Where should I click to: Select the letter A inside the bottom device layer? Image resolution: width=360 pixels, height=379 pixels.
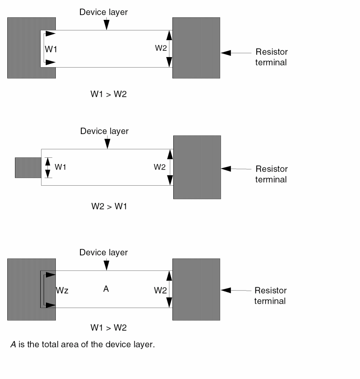pyautogui.click(x=106, y=289)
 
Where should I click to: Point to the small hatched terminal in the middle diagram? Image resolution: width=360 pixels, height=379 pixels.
pyautogui.click(x=27, y=168)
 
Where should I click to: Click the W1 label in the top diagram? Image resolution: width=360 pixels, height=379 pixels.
pyautogui.click(x=51, y=49)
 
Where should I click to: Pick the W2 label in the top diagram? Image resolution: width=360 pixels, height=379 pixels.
pyautogui.click(x=161, y=48)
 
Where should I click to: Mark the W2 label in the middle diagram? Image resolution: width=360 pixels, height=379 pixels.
pyautogui.click(x=160, y=167)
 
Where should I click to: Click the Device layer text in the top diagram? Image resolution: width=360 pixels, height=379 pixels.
pyautogui.click(x=104, y=12)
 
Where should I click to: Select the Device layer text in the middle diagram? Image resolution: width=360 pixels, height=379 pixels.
pyautogui.click(x=105, y=131)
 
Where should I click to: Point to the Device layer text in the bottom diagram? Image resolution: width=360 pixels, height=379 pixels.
pyautogui.click(x=104, y=253)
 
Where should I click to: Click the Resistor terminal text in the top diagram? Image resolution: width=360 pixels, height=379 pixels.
pyautogui.click(x=271, y=57)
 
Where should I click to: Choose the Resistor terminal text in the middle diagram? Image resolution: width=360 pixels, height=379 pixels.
pyautogui.click(x=271, y=174)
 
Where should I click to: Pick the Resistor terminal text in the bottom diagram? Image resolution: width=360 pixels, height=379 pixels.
pyautogui.click(x=270, y=296)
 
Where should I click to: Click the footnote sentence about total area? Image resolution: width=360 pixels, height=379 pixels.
pyautogui.click(x=83, y=344)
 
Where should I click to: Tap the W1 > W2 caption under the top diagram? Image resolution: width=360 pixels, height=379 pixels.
pyautogui.click(x=108, y=94)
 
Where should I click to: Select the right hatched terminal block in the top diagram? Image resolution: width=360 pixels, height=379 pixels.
pyautogui.click(x=196, y=48)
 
